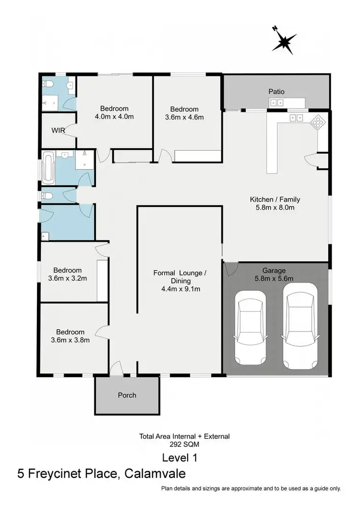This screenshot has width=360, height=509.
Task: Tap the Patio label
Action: pos(276,91)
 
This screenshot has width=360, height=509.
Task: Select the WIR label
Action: pos(58,130)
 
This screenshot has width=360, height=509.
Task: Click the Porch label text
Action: pos(127,395)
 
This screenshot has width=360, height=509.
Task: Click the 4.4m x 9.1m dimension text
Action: pos(180,289)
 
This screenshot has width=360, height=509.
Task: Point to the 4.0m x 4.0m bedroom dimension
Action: pos(114,117)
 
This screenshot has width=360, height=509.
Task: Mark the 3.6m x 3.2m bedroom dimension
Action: pos(67,278)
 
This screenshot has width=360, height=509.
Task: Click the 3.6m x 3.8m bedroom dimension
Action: pos(70,340)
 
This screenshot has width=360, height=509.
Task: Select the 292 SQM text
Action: pos(184,445)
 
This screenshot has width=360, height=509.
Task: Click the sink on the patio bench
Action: pos(276,102)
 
